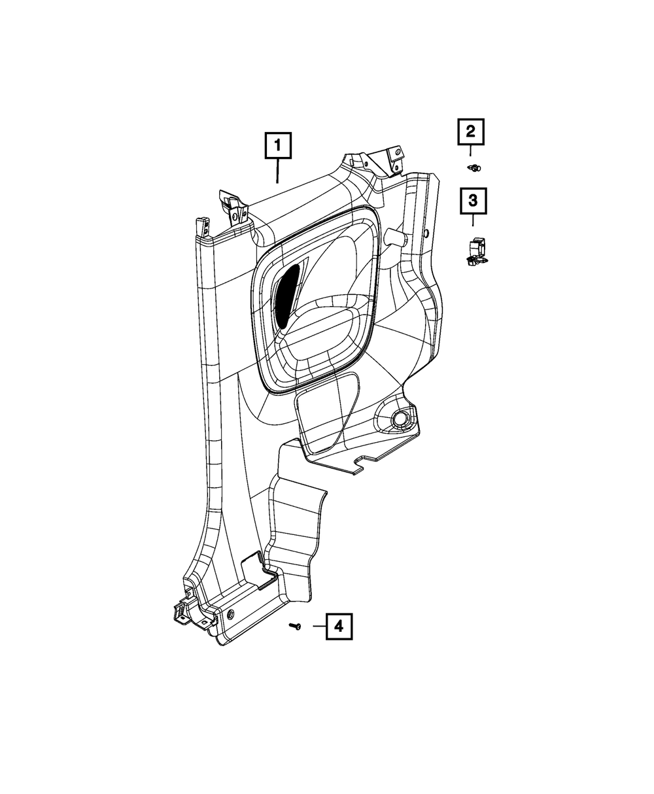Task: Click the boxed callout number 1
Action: click(278, 147)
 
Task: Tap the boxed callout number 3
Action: click(473, 201)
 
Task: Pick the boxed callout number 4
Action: click(338, 626)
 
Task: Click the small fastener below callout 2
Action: click(475, 168)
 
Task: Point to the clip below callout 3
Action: click(475, 254)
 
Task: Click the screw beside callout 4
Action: click(296, 627)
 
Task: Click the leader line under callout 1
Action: click(278, 172)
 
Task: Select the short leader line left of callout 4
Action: click(318, 626)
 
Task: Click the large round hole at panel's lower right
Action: click(400, 419)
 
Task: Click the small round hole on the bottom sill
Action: click(232, 614)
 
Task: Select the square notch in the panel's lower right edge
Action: click(362, 464)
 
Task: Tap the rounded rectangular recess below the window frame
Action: click(327, 412)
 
